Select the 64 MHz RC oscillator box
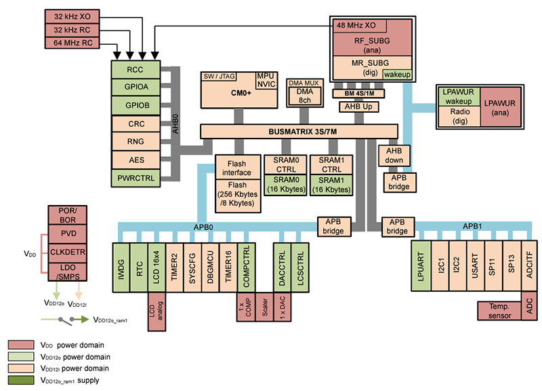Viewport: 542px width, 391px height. pos(72,43)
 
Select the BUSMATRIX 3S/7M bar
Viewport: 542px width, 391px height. pos(299,131)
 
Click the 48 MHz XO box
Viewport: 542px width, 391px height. pos(358,25)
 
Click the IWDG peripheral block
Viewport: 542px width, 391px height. pos(123,266)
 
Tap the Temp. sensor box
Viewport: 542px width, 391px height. pos(500,311)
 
